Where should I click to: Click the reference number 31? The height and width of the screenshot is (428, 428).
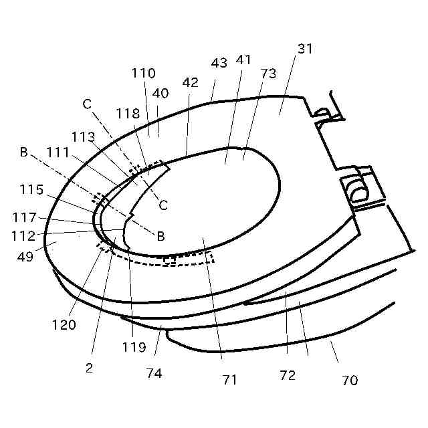click(305, 49)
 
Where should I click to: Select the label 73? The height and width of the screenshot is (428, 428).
click(268, 73)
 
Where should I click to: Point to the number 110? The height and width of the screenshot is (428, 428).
click(144, 73)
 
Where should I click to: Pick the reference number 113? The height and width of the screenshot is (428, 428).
click(84, 136)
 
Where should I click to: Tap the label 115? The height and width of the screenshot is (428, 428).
click(32, 190)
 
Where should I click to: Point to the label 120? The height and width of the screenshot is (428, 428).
click(64, 325)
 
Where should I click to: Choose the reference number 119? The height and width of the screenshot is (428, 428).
click(134, 347)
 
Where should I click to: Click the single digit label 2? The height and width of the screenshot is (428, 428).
click(89, 367)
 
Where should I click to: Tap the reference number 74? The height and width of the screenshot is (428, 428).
click(154, 372)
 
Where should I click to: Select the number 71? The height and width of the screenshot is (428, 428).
click(229, 380)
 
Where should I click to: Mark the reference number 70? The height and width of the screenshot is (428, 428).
click(349, 381)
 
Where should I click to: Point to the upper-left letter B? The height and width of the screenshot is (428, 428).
click(23, 152)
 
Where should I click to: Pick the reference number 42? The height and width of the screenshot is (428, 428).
click(190, 82)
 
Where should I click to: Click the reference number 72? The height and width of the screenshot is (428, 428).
click(288, 375)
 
